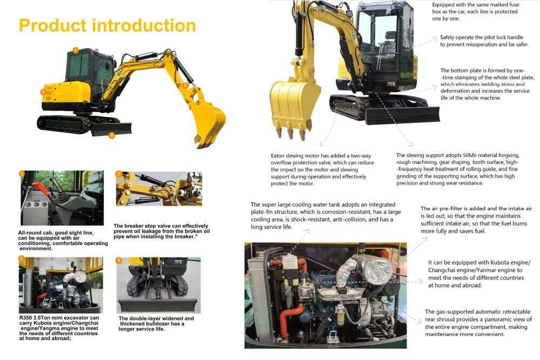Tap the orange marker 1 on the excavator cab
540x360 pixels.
point(76,50)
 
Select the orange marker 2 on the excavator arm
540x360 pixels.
point(185,85)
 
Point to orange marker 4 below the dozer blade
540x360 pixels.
point(111,135)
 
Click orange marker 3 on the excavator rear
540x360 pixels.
point(43,92)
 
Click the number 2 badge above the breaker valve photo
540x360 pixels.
point(119,174)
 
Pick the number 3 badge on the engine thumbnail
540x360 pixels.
point(22,259)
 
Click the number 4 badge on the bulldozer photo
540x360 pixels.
point(119,260)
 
